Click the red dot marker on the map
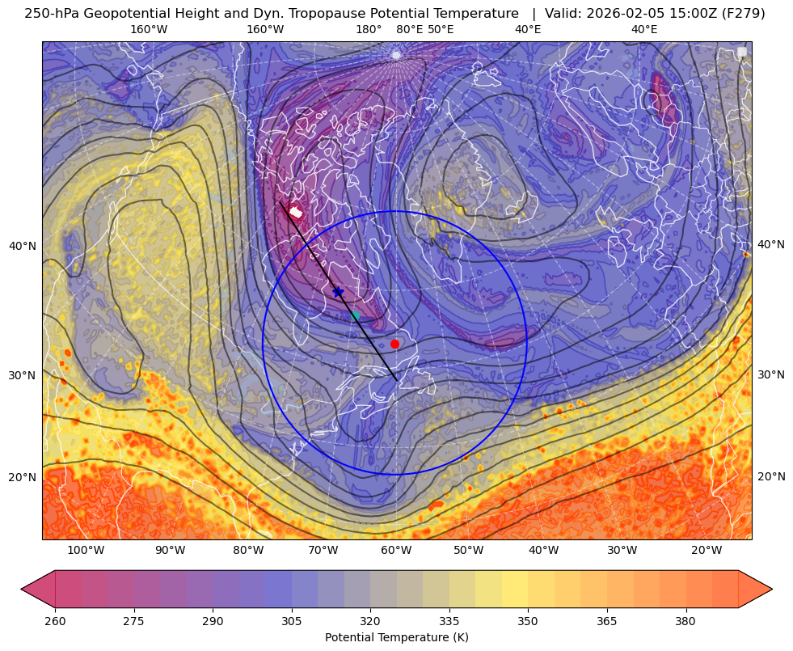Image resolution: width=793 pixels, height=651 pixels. (395, 344)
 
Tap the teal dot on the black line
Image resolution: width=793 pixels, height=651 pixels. (355, 315)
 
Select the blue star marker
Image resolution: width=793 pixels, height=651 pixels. (338, 292)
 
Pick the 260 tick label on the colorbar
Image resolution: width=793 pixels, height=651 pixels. (55, 621)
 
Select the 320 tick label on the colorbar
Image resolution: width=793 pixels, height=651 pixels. (370, 621)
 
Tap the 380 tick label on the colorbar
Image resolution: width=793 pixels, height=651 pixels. (685, 621)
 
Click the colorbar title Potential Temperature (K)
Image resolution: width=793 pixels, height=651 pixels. (396, 637)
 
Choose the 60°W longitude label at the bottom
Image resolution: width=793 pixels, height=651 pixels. (396, 551)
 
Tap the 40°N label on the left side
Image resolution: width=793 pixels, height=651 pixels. (23, 247)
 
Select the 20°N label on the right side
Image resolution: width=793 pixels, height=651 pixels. (771, 476)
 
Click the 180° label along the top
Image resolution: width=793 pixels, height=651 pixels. (369, 29)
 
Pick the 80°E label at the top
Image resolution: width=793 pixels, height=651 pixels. (409, 29)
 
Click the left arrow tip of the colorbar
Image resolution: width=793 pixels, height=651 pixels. (21, 589)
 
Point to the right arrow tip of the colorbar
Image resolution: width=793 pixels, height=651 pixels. (772, 589)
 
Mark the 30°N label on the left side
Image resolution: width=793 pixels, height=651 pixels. (23, 376)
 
